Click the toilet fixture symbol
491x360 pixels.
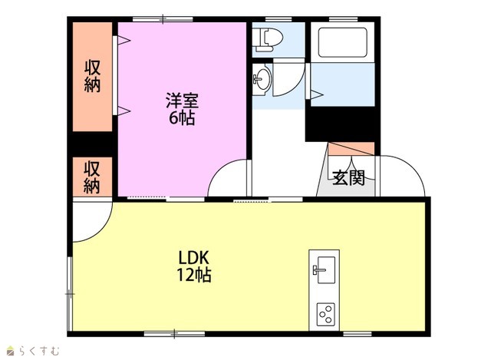(x=268, y=40)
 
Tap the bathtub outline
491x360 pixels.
(x=343, y=42)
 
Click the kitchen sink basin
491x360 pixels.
(x=325, y=269)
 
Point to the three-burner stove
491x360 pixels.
(x=325, y=314)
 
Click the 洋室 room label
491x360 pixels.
(x=182, y=100)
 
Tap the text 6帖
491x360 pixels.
(x=182, y=117)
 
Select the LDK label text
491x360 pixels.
(x=193, y=258)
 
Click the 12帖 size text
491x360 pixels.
(x=194, y=276)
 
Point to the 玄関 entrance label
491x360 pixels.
(x=349, y=177)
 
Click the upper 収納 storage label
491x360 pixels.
(x=92, y=76)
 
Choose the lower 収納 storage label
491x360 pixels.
(x=92, y=177)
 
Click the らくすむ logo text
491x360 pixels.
(x=39, y=351)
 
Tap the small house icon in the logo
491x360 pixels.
(x=11, y=351)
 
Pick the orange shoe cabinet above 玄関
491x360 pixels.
(x=351, y=148)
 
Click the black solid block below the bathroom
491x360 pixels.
(x=341, y=124)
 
